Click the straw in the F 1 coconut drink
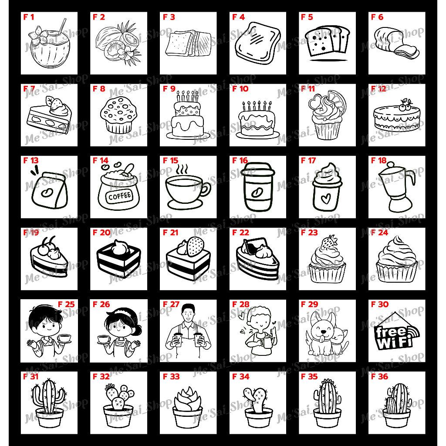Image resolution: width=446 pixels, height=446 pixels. coord(62,26)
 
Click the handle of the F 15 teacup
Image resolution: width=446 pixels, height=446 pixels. coord(206,189)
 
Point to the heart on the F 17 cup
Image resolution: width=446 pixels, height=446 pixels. coord(326,199)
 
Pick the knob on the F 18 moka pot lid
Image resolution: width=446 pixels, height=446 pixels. coord(391,164)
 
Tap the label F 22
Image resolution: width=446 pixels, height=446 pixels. coord(240,233)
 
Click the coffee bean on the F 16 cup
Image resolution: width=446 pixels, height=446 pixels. coord(257,193)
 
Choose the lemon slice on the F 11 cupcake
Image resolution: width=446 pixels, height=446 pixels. coord(338,100)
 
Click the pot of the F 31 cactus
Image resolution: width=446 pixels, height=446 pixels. coord(50,418)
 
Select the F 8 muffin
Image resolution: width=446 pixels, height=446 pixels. coord(118,115)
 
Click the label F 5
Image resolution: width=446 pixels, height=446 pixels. coord(307,17)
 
